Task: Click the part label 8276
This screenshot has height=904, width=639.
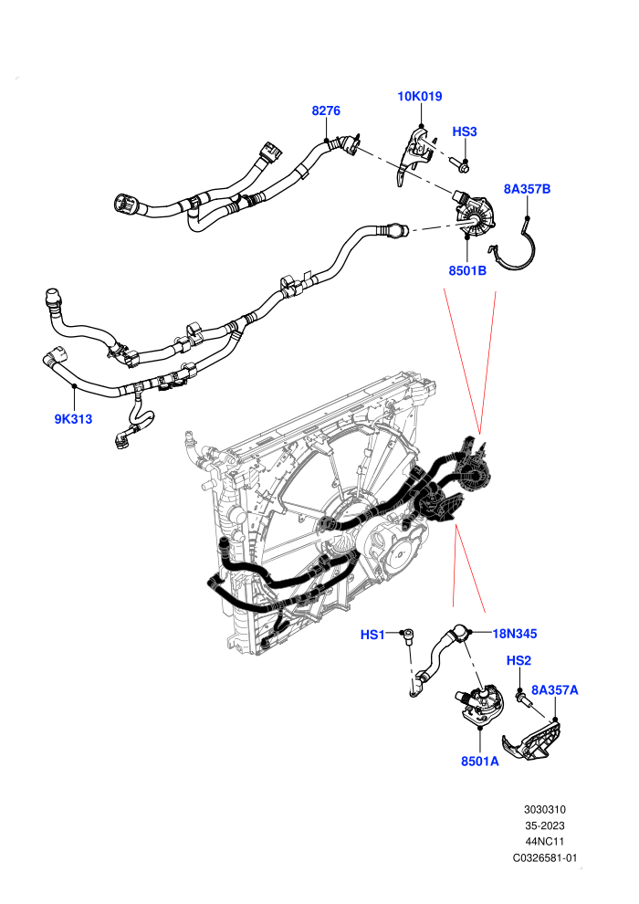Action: (326, 110)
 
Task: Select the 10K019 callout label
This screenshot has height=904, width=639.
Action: (420, 96)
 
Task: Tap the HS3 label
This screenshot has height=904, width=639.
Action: (465, 131)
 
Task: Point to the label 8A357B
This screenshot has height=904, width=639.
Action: (527, 188)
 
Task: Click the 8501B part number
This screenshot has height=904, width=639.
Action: (467, 269)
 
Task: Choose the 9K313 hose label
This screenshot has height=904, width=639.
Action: (73, 419)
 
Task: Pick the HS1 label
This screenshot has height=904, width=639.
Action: (372, 635)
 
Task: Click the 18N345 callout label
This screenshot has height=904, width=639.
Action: (515, 634)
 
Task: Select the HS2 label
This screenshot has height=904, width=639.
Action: (519, 661)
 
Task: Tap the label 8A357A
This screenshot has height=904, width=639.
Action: (554, 690)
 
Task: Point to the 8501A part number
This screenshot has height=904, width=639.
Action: (480, 761)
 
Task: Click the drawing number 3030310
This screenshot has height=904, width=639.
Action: (544, 809)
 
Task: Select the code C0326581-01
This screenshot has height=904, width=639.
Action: (544, 857)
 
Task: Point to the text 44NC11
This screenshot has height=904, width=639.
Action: (544, 842)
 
